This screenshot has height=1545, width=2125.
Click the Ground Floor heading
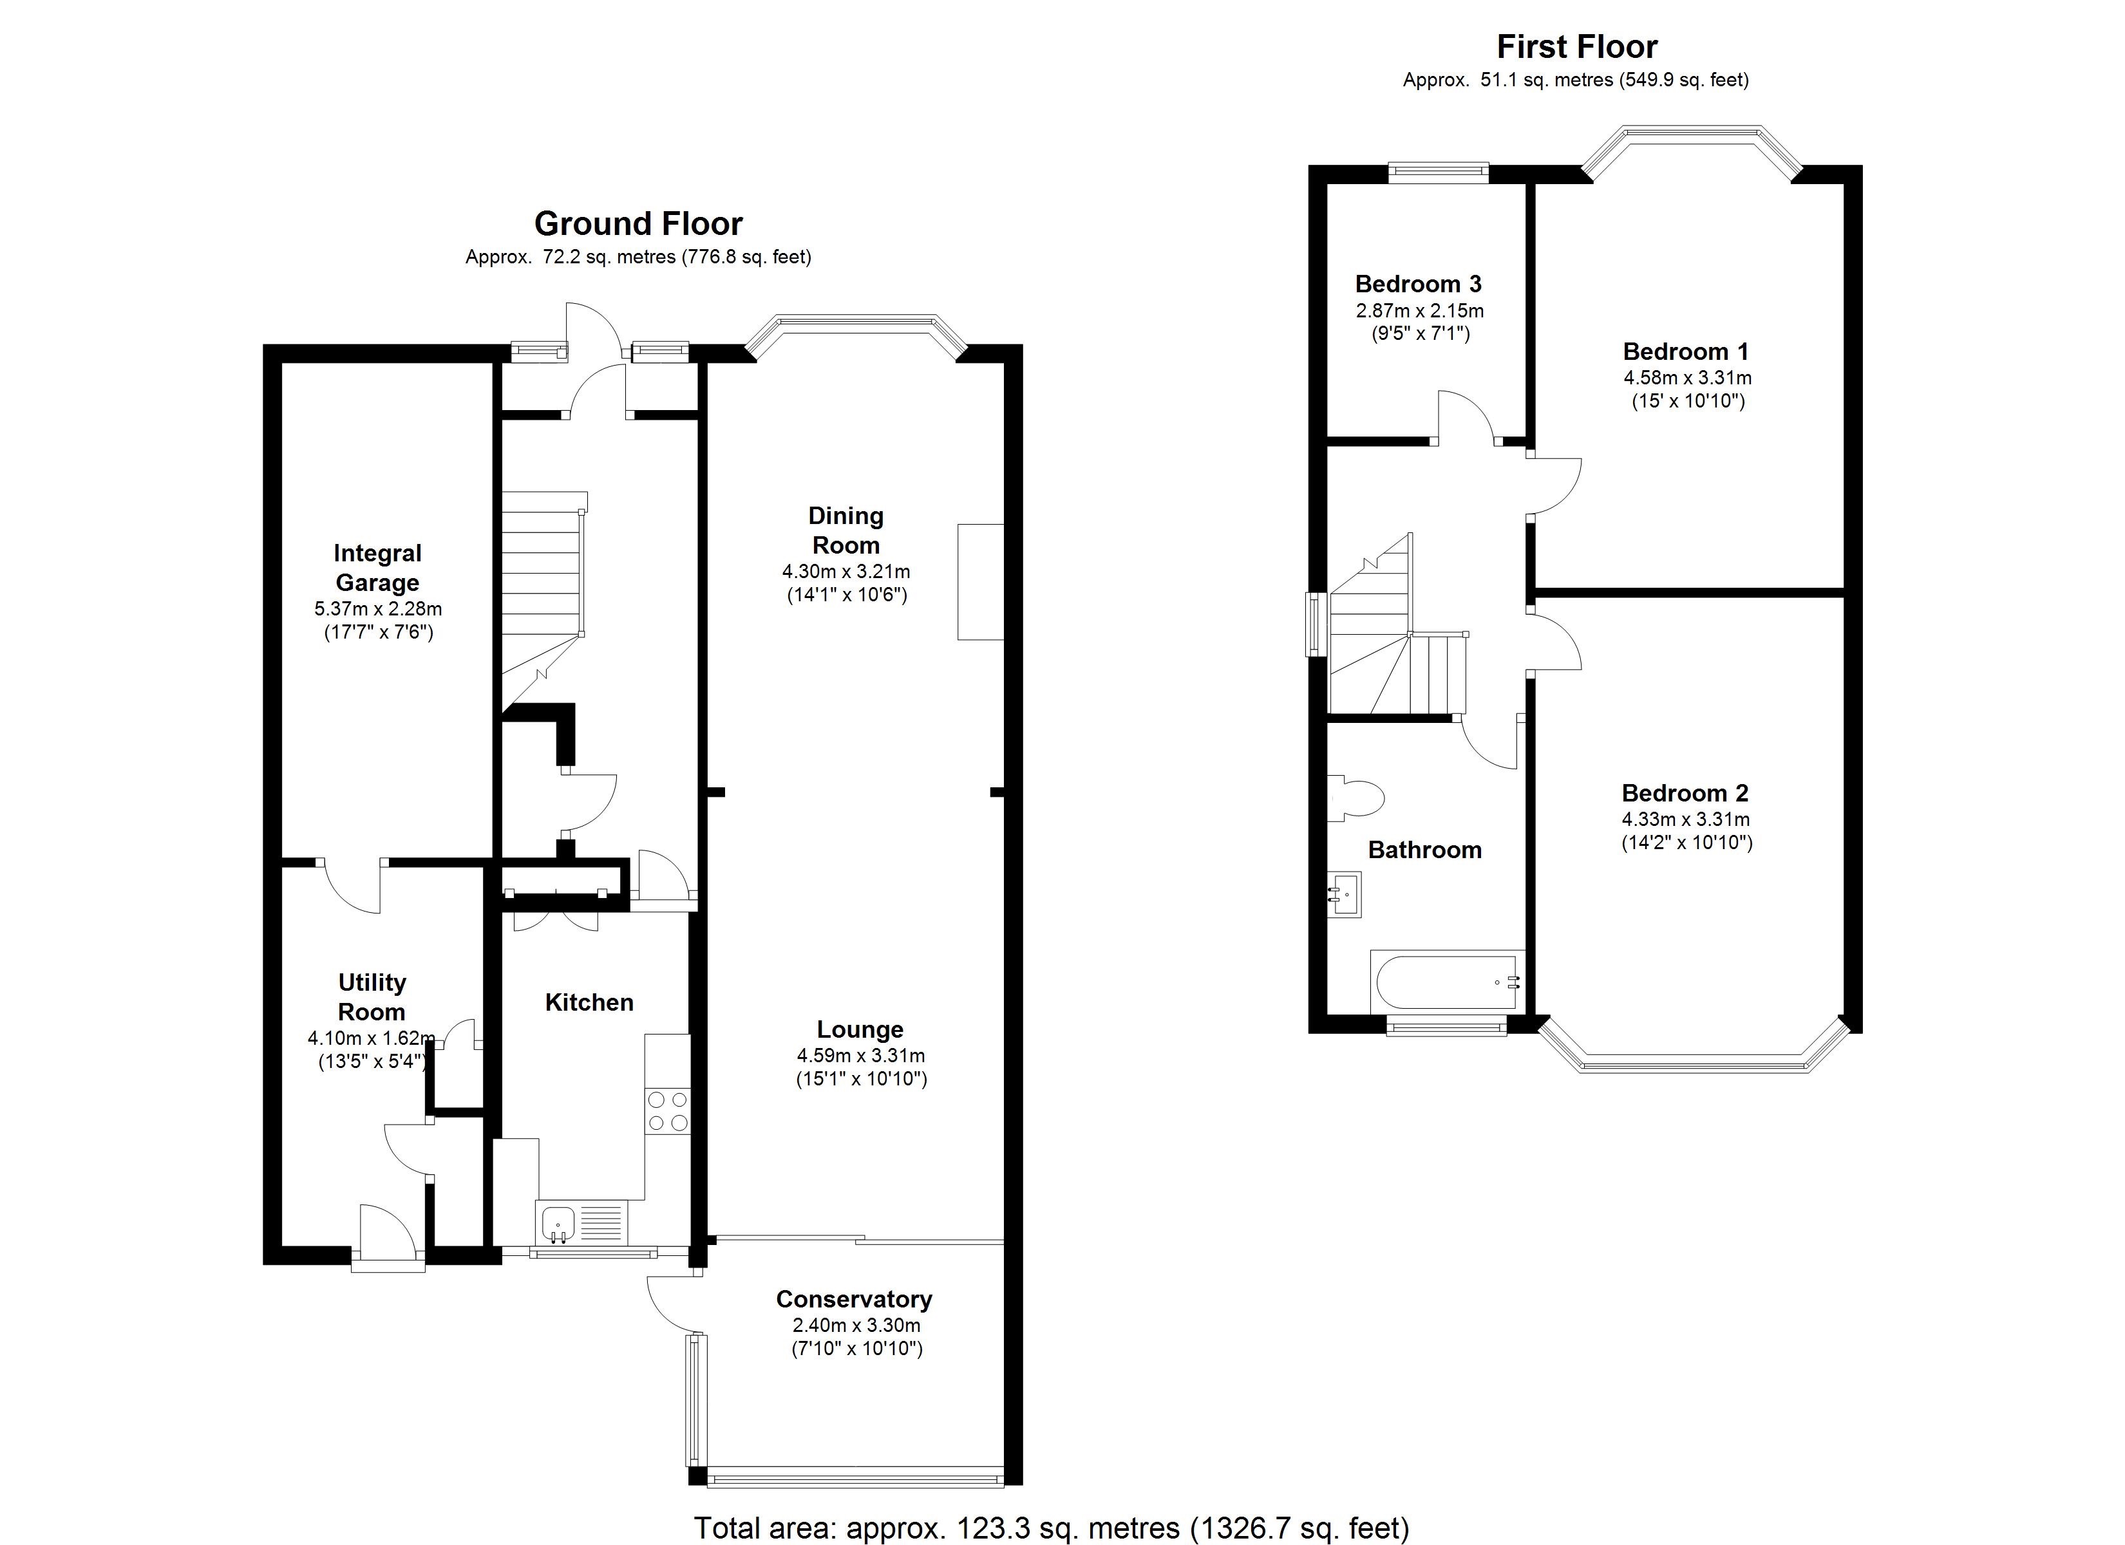638,224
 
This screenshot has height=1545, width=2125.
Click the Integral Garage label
377,568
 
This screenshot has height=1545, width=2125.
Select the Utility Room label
372,997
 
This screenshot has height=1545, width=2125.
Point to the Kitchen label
589,1002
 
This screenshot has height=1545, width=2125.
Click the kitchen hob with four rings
667,1110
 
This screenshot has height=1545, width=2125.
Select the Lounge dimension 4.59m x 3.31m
860,1056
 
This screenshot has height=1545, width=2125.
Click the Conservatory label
854,1300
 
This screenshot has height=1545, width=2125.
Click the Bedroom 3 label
1419,284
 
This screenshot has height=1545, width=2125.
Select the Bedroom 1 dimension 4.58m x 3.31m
1686,379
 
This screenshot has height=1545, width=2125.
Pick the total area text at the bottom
1052,1528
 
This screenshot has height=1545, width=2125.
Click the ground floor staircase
541,581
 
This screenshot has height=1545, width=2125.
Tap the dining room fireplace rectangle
980,582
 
